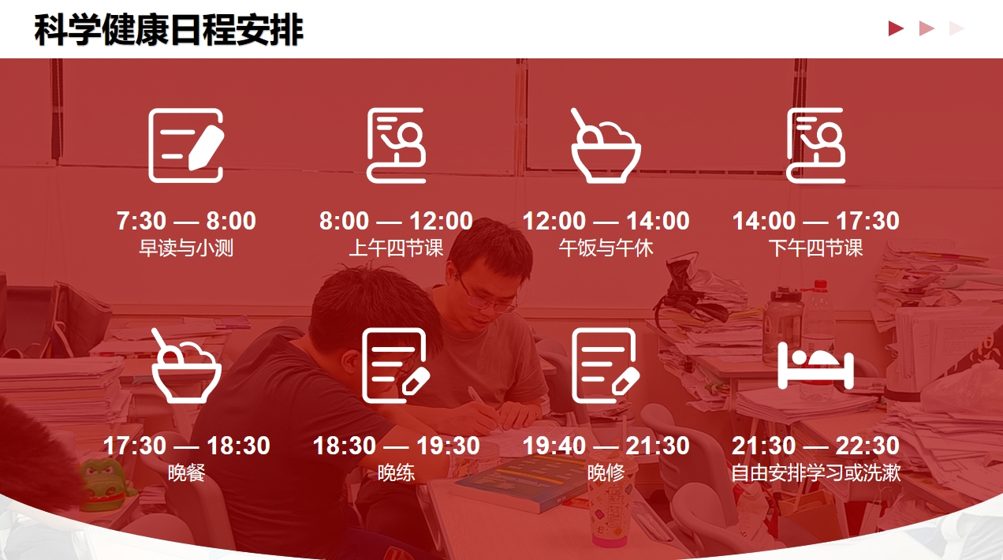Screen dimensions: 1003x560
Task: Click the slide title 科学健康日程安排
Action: (x=169, y=29)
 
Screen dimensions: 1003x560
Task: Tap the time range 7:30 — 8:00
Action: (x=186, y=221)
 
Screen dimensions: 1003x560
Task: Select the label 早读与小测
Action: (x=186, y=248)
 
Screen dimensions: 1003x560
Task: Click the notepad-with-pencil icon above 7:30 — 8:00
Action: (x=186, y=146)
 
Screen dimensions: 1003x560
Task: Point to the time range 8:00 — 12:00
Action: (x=396, y=221)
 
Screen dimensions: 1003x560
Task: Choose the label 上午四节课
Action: (x=396, y=248)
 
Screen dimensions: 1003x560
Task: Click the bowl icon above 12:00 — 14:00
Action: (x=606, y=146)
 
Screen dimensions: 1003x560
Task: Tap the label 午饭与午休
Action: (x=606, y=248)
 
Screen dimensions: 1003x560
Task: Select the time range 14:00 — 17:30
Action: (x=815, y=221)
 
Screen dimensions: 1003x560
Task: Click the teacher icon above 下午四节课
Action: (x=816, y=146)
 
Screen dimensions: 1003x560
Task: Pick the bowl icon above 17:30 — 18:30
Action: (x=186, y=365)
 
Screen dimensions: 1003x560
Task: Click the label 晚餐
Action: (x=186, y=473)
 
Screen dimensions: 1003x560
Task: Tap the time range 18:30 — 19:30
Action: (x=396, y=446)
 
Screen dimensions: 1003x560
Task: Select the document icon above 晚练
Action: (x=396, y=365)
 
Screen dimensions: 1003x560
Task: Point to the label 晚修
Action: (x=606, y=473)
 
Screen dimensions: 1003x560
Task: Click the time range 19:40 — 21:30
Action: (x=606, y=446)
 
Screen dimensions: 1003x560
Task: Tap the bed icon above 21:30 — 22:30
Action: (x=816, y=366)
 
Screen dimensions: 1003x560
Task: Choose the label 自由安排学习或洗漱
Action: (x=816, y=473)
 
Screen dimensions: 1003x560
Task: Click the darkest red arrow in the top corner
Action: (x=896, y=28)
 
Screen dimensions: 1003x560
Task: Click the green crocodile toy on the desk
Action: (x=106, y=483)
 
